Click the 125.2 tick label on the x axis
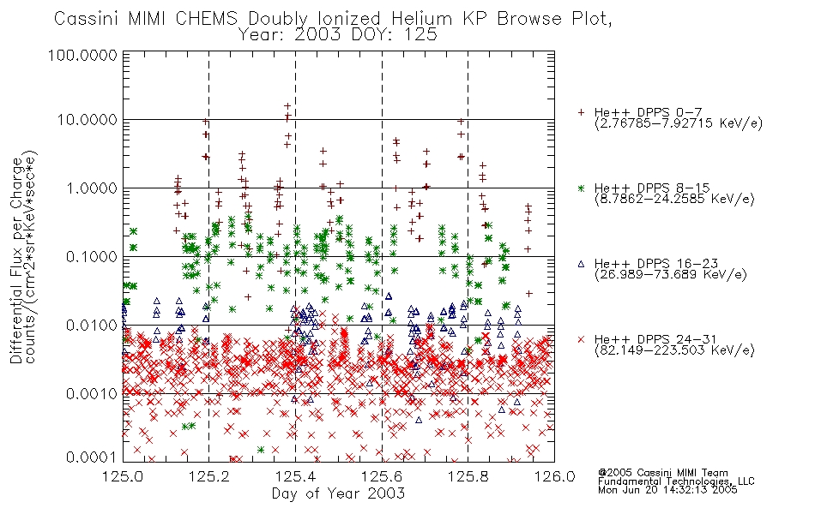pyautogui.click(x=209, y=476)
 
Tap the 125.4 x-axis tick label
pyautogui.click(x=295, y=476)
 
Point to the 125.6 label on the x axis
pyautogui.click(x=382, y=476)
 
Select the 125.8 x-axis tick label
pyautogui.click(x=468, y=476)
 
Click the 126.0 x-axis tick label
pyautogui.click(x=554, y=476)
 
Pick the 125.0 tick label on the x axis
pyautogui.click(x=123, y=476)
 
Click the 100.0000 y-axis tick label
pyautogui.click(x=82, y=55)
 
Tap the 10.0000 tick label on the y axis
pyautogui.click(x=87, y=120)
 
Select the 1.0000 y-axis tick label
pyautogui.click(x=91, y=188)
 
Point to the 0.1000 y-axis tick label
pyautogui.click(x=91, y=256)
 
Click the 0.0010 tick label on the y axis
pyautogui.click(x=91, y=394)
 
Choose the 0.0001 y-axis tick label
pyautogui.click(x=91, y=457)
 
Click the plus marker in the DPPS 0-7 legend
pyautogui.click(x=581, y=112)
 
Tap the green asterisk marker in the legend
pyautogui.click(x=581, y=188)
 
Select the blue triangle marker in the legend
pyautogui.click(x=581, y=264)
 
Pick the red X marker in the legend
pyautogui.click(x=581, y=339)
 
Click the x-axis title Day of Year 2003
pyautogui.click(x=338, y=493)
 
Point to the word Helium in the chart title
pyautogui.click(x=421, y=19)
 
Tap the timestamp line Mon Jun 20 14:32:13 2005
pyautogui.click(x=667, y=490)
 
